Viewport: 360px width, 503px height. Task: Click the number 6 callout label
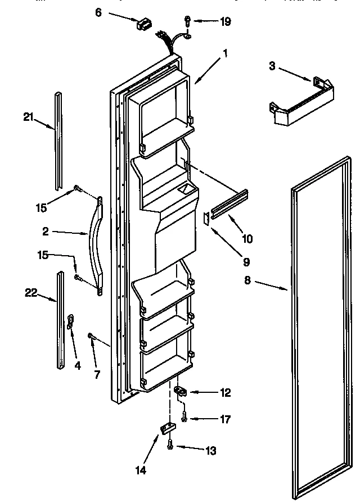click(x=99, y=12)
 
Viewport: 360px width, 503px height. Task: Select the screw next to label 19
click(x=187, y=22)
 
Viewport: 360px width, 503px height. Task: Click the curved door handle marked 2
click(x=94, y=244)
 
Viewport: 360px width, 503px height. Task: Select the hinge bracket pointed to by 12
click(x=181, y=391)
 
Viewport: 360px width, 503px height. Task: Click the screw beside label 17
click(x=185, y=418)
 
